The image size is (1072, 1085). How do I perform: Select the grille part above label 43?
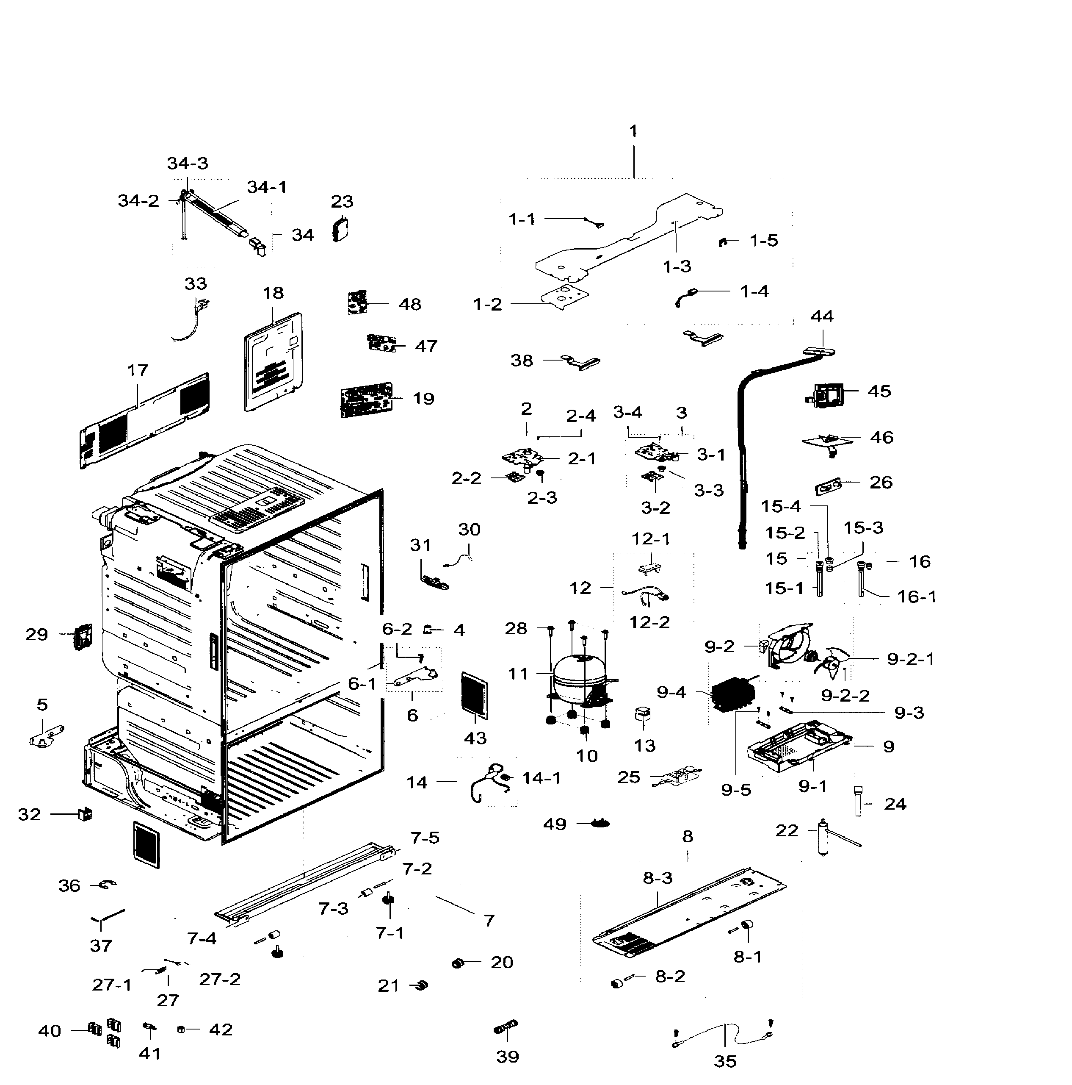474,695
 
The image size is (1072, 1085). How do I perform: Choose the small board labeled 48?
357,302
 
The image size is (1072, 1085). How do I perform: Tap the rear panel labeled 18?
274,362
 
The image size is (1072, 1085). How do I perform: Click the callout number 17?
138,371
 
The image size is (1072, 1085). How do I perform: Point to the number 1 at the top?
633,131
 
